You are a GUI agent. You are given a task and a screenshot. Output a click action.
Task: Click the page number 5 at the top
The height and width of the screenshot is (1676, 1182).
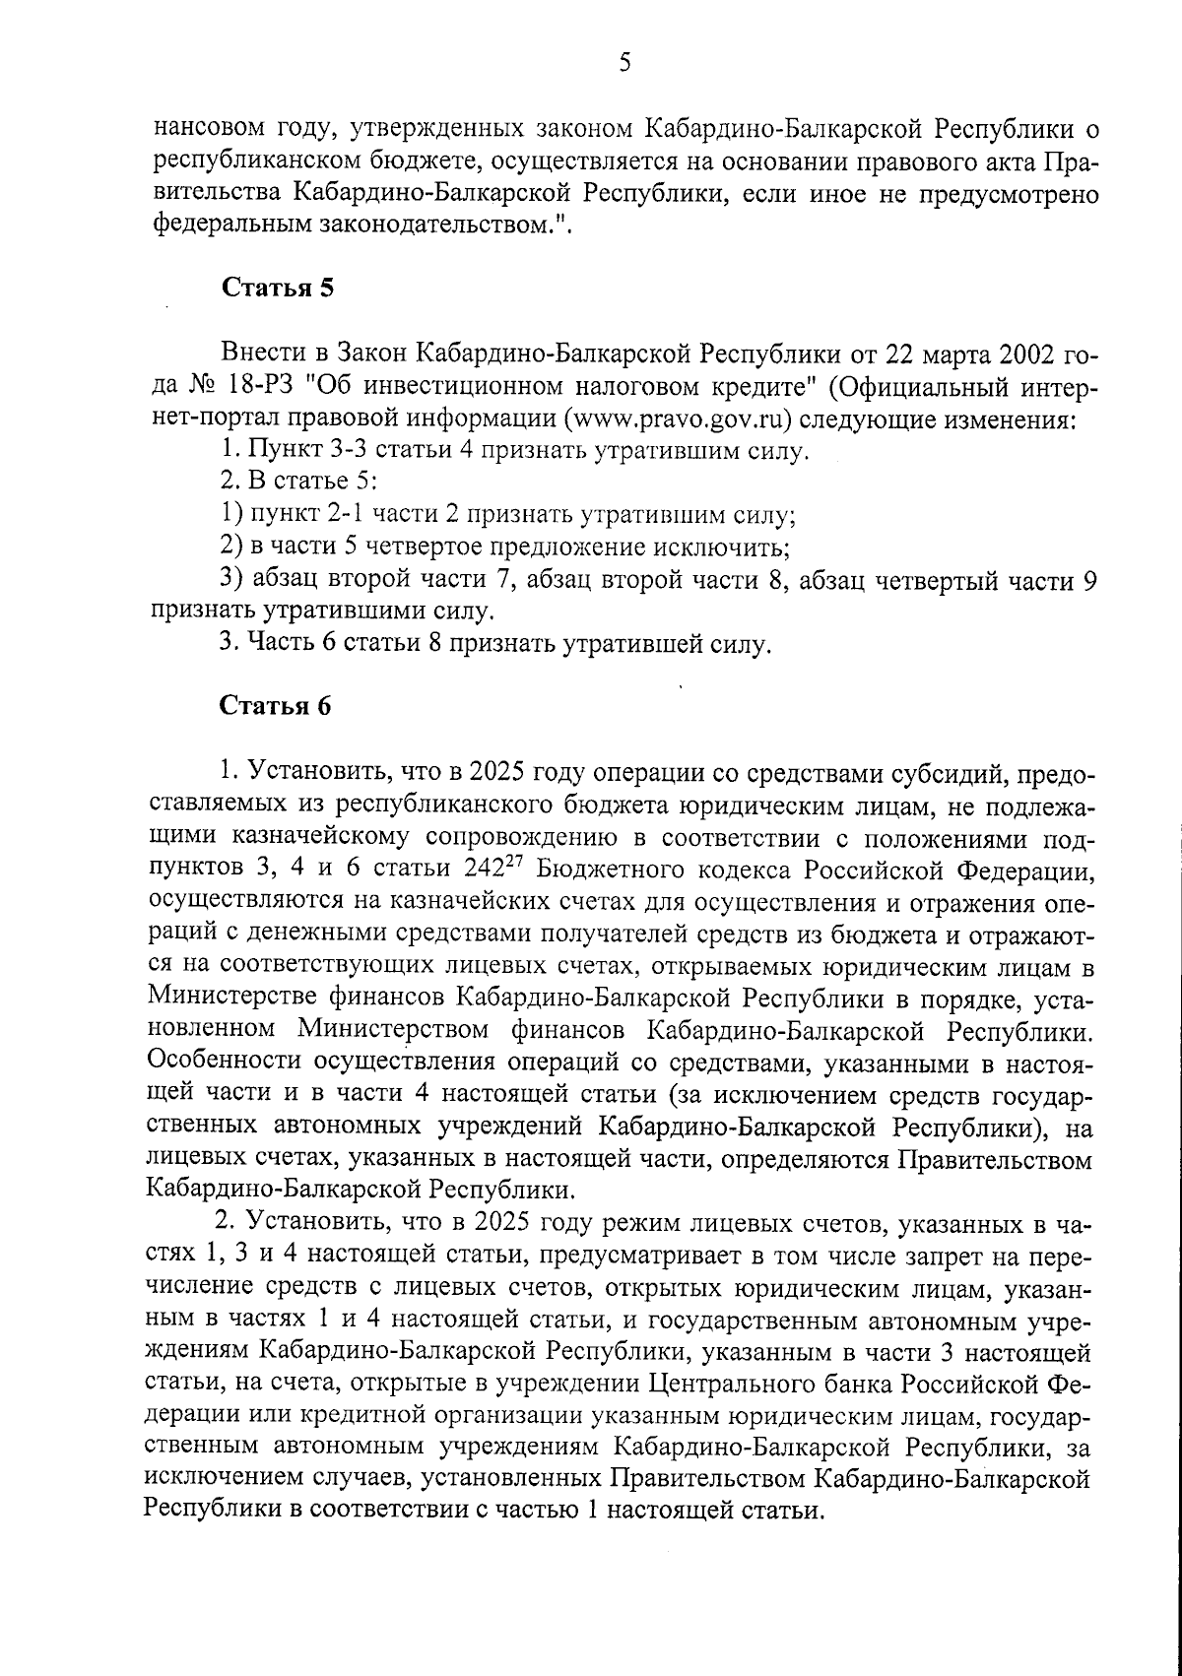click(x=624, y=64)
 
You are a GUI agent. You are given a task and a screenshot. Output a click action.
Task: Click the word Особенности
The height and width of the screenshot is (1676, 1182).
click(x=222, y=1064)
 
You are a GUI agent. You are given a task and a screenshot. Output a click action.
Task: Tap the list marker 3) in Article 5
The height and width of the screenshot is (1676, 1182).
click(x=232, y=580)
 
